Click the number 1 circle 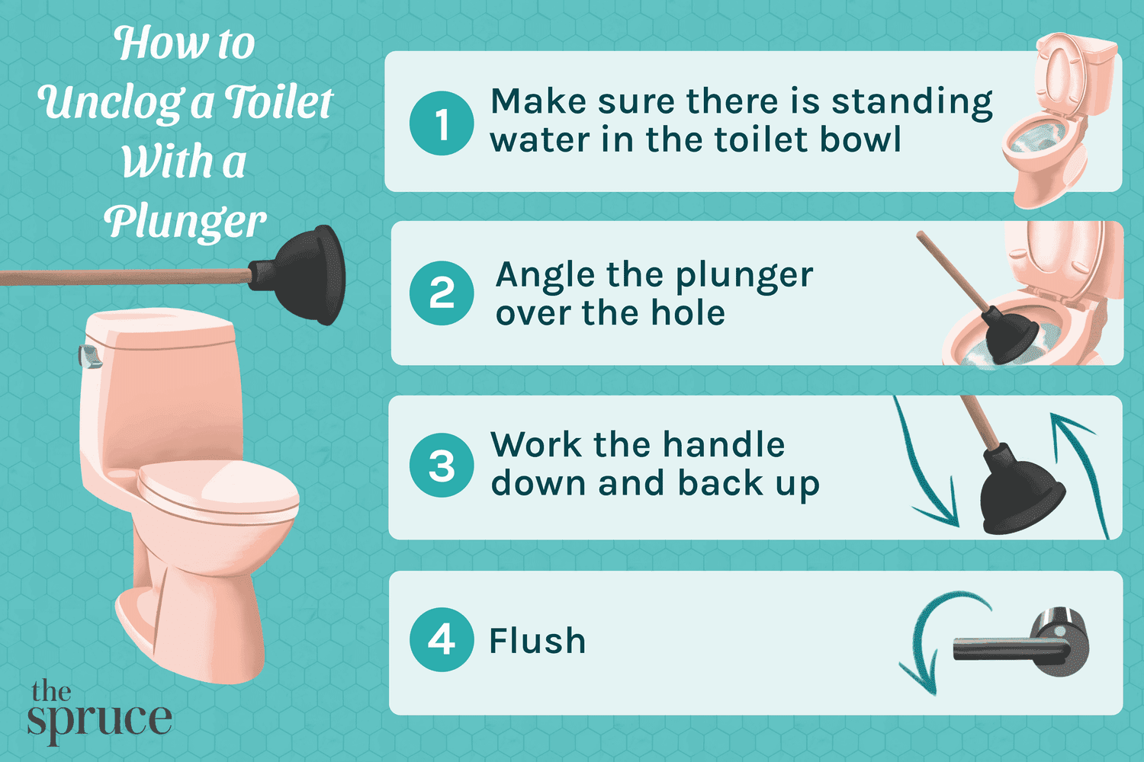point(442,123)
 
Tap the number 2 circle point(442,293)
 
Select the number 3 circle point(442,466)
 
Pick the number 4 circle point(442,639)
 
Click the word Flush point(538,641)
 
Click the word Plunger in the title point(185,222)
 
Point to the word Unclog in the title point(111,102)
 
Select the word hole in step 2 point(688,313)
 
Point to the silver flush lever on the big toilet point(90,355)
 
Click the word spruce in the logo point(99,720)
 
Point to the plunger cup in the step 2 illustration point(1009,335)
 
